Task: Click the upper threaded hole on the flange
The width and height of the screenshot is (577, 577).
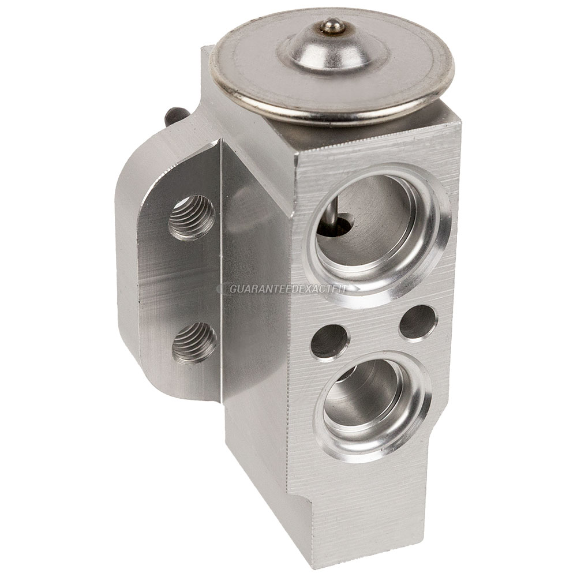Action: pyautogui.click(x=192, y=217)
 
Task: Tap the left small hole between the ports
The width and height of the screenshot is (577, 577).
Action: pyautogui.click(x=329, y=342)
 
